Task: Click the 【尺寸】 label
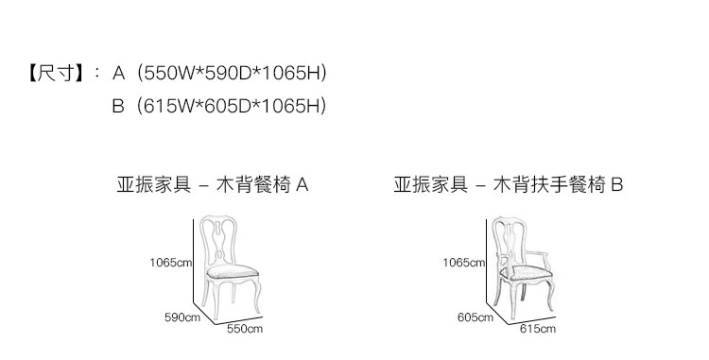coord(56,73)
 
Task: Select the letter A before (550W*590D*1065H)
coord(118,73)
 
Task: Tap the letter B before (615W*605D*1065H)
coord(118,106)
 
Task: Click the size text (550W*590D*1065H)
coord(233,73)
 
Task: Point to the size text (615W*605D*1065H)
coord(232,106)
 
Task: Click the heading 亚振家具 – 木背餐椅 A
coord(213,185)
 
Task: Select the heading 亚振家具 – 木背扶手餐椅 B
coord(509,185)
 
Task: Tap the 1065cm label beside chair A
coord(171,263)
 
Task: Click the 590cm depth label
coord(182,317)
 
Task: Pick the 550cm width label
coord(245,329)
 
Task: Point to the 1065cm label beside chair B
coord(464,263)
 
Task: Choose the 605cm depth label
coord(476,317)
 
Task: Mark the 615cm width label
coord(538,329)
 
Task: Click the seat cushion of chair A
coord(233,271)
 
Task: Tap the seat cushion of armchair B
coord(526,273)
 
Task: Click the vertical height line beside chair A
coord(194,261)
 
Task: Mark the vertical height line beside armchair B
coord(487,261)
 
